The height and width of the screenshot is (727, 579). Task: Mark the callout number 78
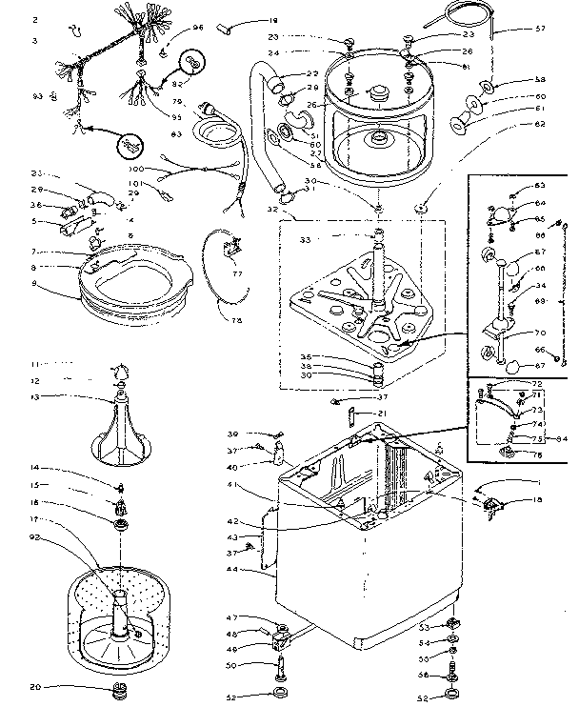point(236,320)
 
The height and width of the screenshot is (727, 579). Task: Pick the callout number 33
point(306,240)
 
